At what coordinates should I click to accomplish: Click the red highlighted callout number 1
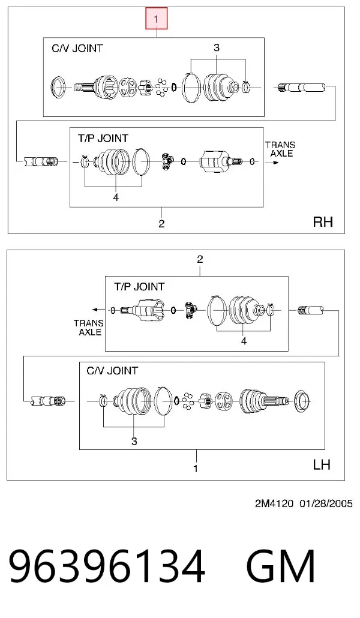[157, 19]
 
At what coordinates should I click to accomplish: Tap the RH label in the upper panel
[323, 221]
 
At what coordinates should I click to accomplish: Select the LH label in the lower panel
[322, 464]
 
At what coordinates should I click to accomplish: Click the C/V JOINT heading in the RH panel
[77, 49]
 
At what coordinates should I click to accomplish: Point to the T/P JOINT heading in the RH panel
[103, 139]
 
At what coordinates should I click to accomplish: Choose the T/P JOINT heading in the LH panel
[139, 287]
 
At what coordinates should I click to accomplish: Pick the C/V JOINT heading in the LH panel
[112, 371]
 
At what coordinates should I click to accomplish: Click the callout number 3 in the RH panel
[217, 47]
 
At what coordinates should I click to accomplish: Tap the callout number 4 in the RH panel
[116, 197]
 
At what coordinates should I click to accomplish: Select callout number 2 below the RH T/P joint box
[161, 223]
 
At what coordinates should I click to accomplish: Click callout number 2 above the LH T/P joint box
[200, 259]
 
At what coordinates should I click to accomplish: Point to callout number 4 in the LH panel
[244, 341]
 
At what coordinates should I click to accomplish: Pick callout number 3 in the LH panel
[134, 441]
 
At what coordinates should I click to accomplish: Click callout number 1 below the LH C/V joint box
[196, 469]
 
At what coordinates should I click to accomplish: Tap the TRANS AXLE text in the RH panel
[280, 149]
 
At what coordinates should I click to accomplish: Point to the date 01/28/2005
[326, 503]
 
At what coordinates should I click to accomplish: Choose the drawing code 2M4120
[274, 503]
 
